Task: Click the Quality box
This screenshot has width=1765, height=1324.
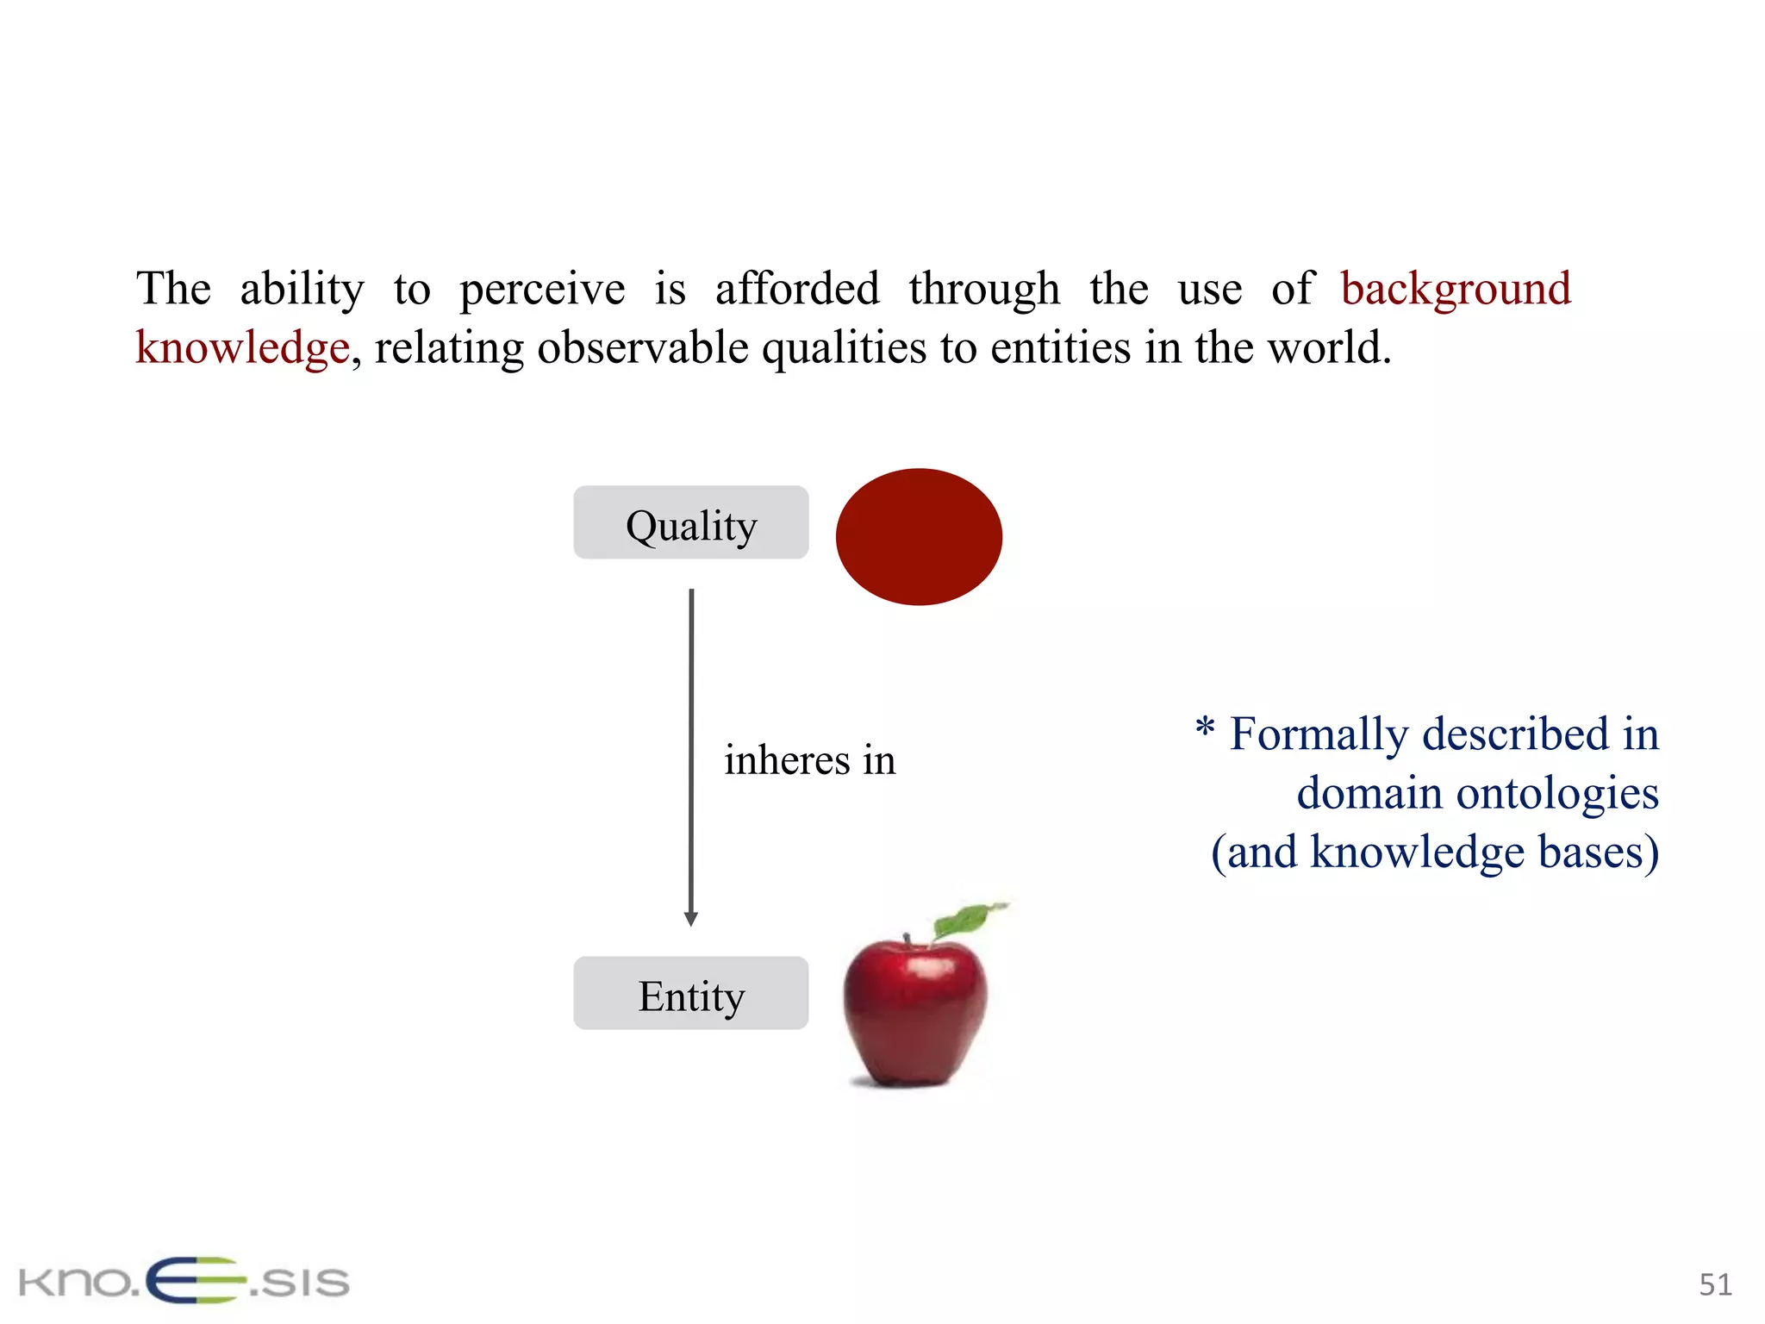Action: click(x=690, y=522)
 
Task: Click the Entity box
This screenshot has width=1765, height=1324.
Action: click(x=690, y=993)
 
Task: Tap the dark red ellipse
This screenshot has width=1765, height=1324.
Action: click(x=919, y=536)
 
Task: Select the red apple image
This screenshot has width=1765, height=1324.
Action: click(x=915, y=1009)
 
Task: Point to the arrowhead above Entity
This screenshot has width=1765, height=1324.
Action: click(x=690, y=919)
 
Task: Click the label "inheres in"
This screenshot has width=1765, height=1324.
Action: click(x=809, y=760)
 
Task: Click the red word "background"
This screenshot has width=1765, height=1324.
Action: click(x=1456, y=288)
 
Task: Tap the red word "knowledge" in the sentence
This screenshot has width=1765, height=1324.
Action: click(x=243, y=347)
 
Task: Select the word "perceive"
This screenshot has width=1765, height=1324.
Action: click(x=542, y=289)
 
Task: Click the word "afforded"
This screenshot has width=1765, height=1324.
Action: click(x=797, y=288)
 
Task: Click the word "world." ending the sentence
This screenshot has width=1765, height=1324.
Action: click(x=1329, y=347)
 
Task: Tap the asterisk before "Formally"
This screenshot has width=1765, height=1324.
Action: click(x=1205, y=729)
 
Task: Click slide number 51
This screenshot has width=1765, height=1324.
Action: click(x=1714, y=1284)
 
